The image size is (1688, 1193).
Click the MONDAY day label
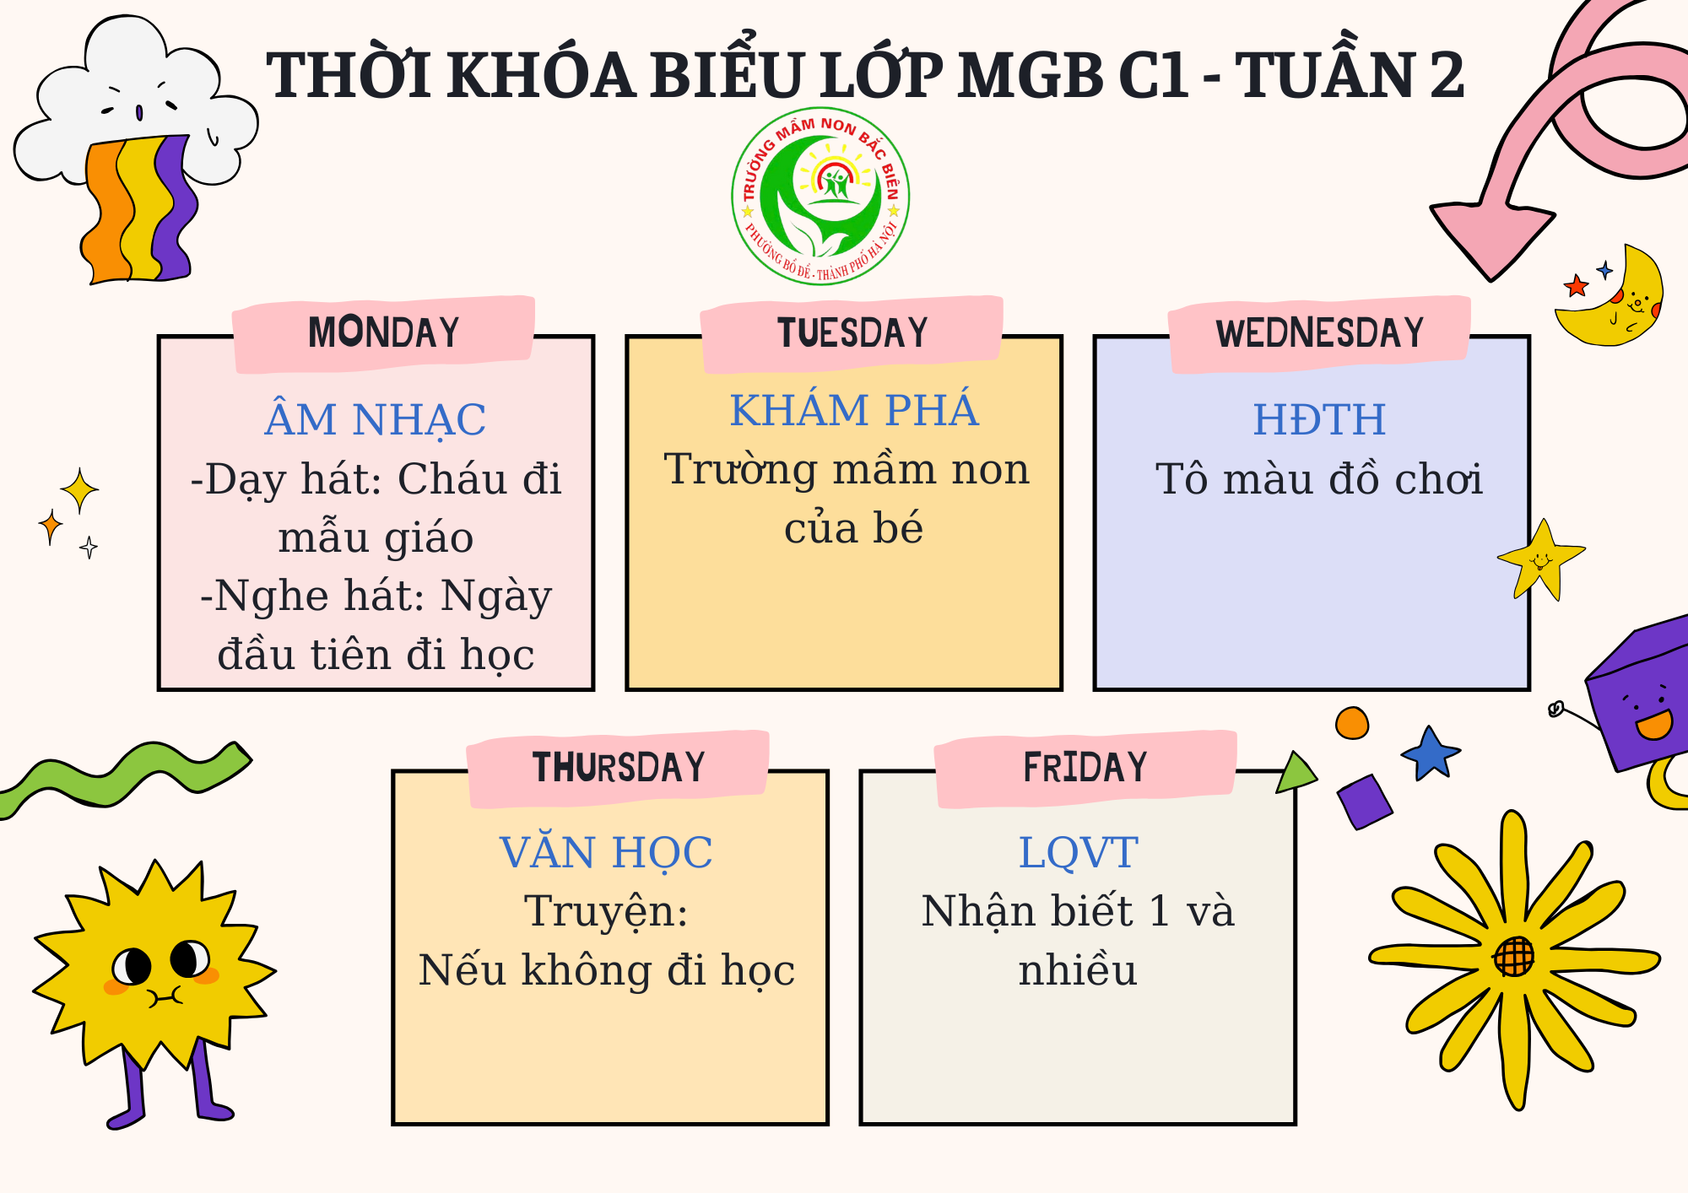coord(384,332)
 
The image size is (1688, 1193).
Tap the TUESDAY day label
coord(852,332)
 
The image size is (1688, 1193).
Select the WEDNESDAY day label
coord(1320,332)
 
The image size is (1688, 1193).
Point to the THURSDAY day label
coord(619,768)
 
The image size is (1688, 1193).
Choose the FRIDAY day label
coord(1085,768)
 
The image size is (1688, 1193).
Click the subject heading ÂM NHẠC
coord(376,419)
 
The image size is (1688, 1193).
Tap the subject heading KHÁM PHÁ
coord(854,410)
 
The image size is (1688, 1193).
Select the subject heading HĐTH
coord(1319,419)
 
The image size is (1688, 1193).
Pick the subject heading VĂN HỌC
coord(606,852)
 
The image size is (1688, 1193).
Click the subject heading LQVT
coord(1078,852)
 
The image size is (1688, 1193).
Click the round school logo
coord(820,196)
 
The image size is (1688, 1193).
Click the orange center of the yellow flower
coord(1514,956)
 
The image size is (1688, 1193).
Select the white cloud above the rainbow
coord(135,101)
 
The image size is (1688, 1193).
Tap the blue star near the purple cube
coord(1431,753)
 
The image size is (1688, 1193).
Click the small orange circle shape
coord(1352,723)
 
